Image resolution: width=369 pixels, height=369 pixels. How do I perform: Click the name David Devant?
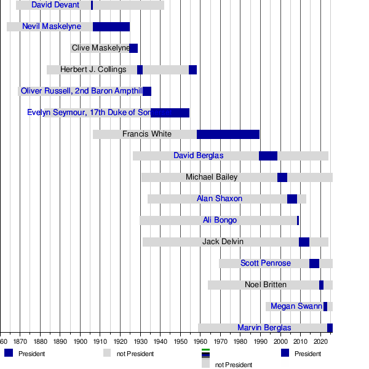[x=55, y=5]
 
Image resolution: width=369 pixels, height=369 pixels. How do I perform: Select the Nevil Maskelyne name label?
[x=52, y=26]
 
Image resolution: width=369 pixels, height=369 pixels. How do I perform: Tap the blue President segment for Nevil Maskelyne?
[x=111, y=26]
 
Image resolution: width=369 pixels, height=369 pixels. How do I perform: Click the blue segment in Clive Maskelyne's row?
[x=133, y=48]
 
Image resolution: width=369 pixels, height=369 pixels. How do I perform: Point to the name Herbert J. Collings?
[x=93, y=69]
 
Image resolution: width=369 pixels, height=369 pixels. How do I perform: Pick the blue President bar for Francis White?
[x=228, y=134]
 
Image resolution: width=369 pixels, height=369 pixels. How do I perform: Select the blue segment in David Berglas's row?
[x=268, y=156]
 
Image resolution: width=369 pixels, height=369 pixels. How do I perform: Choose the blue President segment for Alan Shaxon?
[x=292, y=199]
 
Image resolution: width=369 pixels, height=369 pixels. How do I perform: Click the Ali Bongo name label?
[x=220, y=220]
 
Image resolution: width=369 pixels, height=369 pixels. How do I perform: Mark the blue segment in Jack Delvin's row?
[x=304, y=242]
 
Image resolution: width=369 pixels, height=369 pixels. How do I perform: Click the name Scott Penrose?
[x=266, y=263]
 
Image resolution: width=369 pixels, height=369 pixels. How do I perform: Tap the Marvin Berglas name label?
[x=264, y=328]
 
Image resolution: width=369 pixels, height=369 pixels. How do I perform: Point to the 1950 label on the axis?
[x=180, y=341]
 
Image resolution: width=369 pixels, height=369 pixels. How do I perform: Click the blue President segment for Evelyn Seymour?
[x=170, y=113]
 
